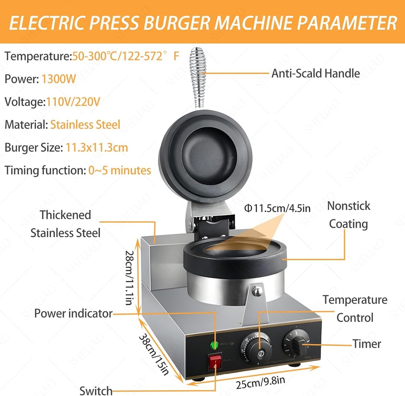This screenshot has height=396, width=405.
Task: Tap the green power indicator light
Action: [x=215, y=344]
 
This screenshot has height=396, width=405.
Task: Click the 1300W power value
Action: [x=59, y=79]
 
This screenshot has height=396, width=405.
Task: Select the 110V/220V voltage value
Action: [x=73, y=102]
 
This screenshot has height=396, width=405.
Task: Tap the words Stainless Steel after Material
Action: [x=85, y=125]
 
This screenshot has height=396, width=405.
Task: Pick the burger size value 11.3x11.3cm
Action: [x=97, y=148]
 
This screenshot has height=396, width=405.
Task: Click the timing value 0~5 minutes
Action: [x=120, y=171]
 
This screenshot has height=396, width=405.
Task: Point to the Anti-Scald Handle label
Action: [x=316, y=73]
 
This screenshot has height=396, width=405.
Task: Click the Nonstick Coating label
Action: [x=349, y=215]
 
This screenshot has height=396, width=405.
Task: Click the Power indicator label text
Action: [x=73, y=314]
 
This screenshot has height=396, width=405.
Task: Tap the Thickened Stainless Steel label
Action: [x=66, y=224]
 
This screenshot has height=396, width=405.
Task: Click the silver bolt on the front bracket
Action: [x=257, y=292]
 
